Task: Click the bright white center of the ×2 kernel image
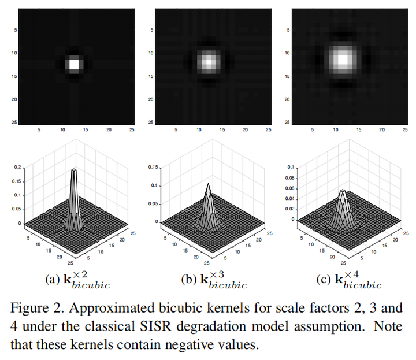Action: pos(74,64)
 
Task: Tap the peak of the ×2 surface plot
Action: pos(74,171)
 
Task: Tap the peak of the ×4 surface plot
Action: pos(343,191)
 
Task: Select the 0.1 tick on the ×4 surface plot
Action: pos(289,168)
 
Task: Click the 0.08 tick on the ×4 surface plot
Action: pos(288,178)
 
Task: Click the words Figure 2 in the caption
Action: pos(35,307)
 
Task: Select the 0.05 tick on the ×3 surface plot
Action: pos(153,204)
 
